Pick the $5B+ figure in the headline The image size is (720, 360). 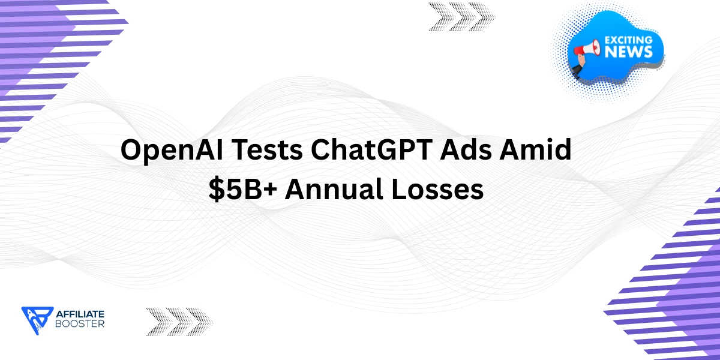click(x=242, y=190)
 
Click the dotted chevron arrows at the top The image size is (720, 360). click(x=462, y=16)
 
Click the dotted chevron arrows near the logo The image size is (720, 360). click(x=179, y=321)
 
